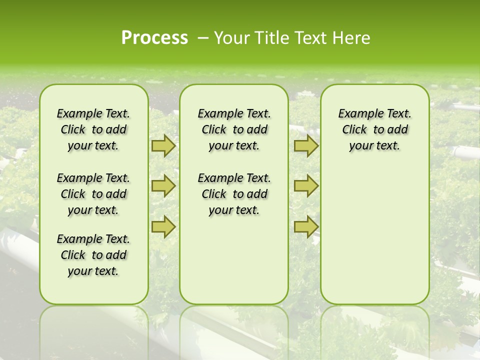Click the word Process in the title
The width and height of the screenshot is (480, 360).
point(154,37)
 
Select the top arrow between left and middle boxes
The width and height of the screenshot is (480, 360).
point(163,146)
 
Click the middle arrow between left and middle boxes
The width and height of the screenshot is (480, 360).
point(163,186)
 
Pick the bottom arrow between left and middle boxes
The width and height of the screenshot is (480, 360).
point(163,227)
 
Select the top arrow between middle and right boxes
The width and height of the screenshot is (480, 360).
point(306,146)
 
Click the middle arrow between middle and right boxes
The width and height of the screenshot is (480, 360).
point(306,186)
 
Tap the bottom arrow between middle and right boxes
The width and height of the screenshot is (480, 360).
point(306,227)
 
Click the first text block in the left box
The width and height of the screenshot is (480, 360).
point(93,129)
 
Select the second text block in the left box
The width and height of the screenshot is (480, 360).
point(93,194)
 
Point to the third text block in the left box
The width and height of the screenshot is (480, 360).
point(93,255)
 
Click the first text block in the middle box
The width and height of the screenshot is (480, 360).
point(234,129)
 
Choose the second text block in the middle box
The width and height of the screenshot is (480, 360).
point(234,194)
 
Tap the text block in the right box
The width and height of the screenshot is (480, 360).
point(374,129)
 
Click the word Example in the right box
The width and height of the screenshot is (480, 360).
point(356,113)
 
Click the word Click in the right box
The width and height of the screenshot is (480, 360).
point(354,129)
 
